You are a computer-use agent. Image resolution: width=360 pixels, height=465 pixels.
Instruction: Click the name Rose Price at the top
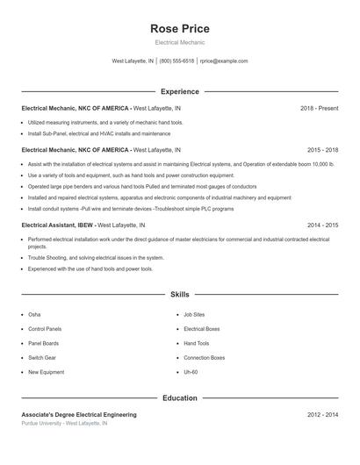179,29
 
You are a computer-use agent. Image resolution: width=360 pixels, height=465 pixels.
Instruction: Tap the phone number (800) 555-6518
176,61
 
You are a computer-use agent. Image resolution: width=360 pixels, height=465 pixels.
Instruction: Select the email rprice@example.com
224,61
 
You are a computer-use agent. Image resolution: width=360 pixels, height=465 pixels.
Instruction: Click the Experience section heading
179,91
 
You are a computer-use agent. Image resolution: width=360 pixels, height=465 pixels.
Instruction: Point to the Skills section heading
179,295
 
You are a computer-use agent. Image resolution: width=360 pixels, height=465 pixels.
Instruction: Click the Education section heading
179,398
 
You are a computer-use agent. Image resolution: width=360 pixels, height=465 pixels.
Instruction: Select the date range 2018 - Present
319,108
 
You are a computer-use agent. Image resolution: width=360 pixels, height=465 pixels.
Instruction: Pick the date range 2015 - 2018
322,150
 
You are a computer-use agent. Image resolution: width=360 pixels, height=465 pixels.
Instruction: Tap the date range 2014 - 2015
322,225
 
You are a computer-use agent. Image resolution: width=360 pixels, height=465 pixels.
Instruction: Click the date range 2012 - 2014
322,414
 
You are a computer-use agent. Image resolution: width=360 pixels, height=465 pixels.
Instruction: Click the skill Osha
34,314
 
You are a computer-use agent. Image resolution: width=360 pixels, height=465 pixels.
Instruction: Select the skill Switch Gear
42,358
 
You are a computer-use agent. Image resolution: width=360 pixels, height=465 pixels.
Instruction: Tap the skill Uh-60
191,372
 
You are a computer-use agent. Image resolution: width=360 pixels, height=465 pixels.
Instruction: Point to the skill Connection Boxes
204,358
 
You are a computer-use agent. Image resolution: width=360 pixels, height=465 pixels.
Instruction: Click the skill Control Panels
45,329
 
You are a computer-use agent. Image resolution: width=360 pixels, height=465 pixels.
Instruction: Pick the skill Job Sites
194,314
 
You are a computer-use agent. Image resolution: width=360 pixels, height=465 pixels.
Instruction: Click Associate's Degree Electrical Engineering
79,414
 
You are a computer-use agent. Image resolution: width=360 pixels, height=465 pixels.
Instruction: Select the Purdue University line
64,424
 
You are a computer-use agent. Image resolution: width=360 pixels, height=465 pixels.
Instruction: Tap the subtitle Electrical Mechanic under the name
179,42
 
